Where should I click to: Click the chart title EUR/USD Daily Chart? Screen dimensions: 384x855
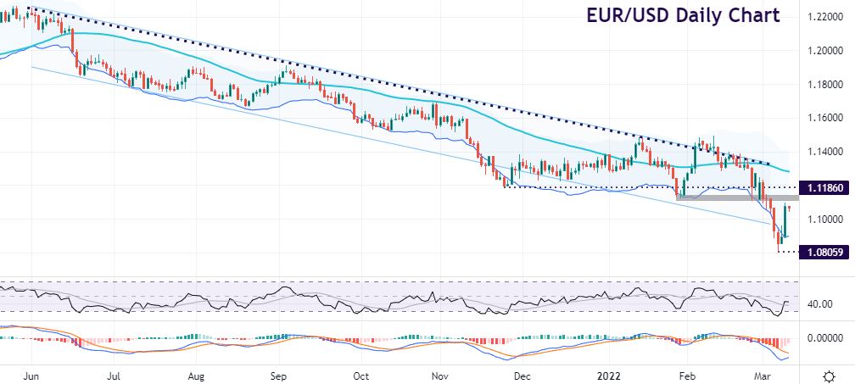click(x=682, y=16)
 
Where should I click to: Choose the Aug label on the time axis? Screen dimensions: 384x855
click(x=196, y=374)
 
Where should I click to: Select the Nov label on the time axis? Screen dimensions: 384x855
click(x=439, y=374)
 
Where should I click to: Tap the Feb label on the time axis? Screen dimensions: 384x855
click(x=687, y=374)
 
